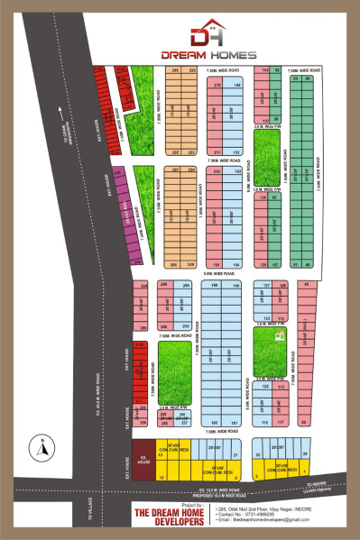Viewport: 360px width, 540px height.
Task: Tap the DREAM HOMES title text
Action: [x=210, y=54]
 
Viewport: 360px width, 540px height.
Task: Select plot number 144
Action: [x=236, y=84]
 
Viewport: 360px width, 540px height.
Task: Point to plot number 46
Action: [x=309, y=264]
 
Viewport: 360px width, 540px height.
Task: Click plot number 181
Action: [x=236, y=421]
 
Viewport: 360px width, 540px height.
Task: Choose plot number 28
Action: [x=304, y=421]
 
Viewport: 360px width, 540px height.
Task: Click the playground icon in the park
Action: [x=280, y=335]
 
